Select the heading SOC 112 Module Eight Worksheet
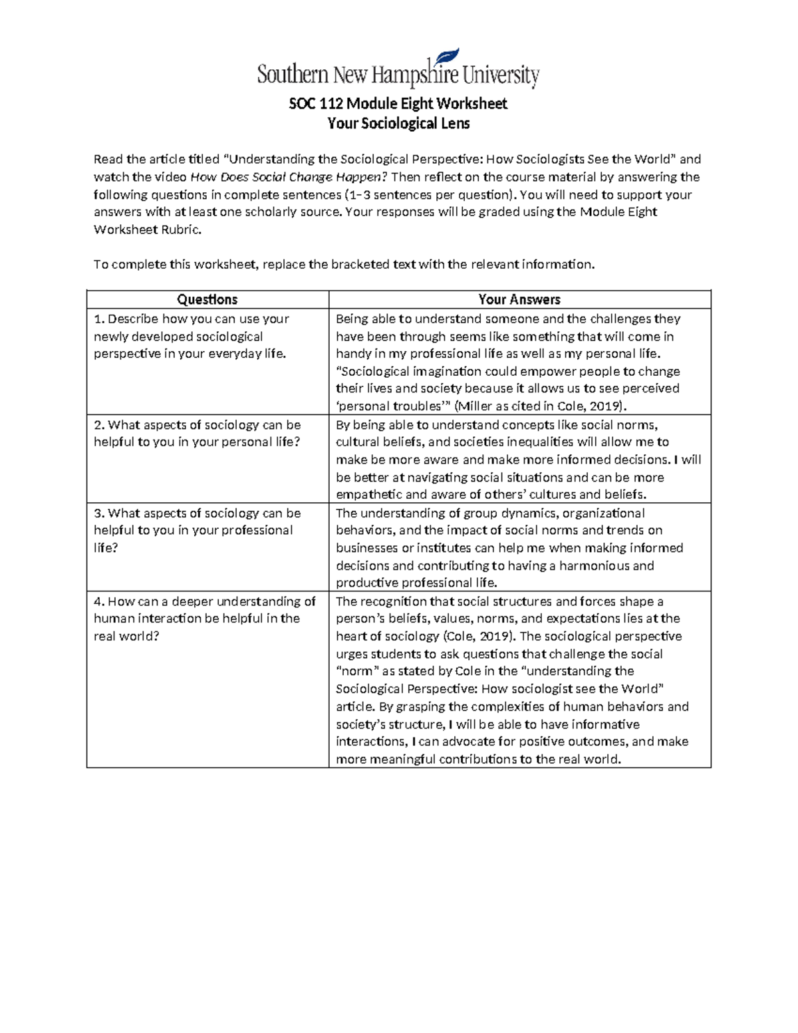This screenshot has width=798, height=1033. pos(398,104)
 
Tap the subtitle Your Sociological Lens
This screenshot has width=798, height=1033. pos(398,124)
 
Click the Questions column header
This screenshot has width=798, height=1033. pos(207,299)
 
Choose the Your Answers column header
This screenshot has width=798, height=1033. pos(519,299)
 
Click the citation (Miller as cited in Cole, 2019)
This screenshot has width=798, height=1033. pos(539,406)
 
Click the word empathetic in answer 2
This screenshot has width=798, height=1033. pos(368,494)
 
